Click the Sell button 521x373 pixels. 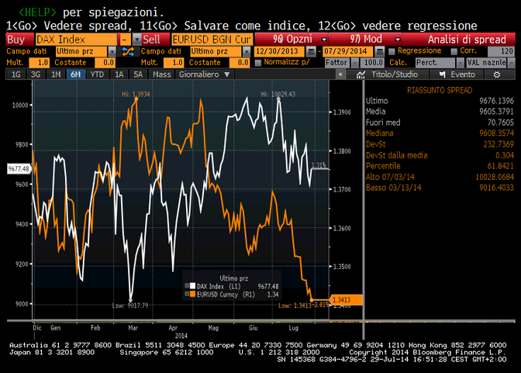coord(152,39)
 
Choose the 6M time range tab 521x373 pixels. coord(75,74)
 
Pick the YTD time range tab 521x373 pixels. coord(97,74)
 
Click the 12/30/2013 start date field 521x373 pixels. coord(278,50)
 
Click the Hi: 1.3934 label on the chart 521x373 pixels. coord(135,94)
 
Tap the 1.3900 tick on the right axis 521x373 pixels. coord(343,112)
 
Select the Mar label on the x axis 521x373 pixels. coord(134,328)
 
